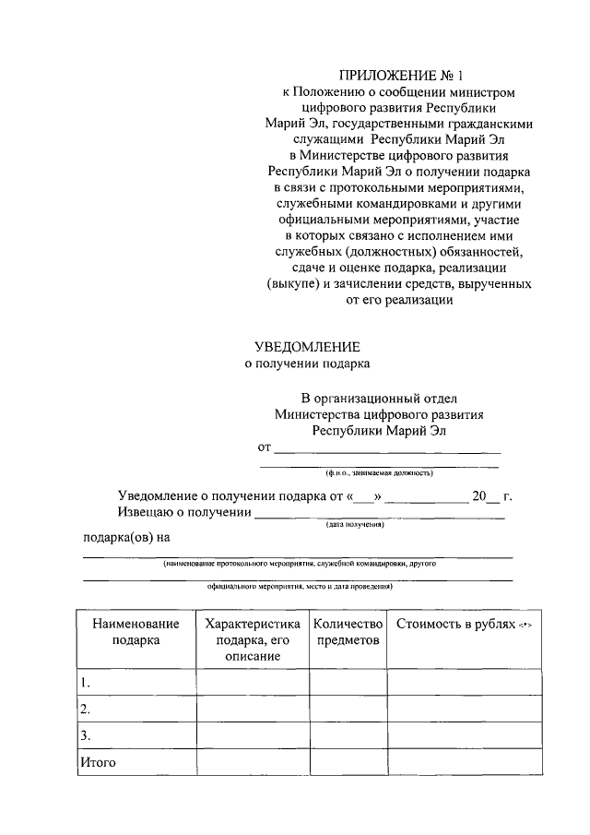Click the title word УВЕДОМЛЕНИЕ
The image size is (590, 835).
pos(307,346)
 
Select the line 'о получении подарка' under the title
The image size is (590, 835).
pos(307,364)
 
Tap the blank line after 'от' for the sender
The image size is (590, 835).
pos(387,449)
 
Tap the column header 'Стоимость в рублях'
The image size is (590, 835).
pos(463,625)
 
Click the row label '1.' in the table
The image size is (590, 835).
pos(85,683)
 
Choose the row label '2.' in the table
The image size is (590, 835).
pos(85,710)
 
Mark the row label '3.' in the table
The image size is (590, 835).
pos(85,735)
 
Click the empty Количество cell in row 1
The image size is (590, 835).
pos(348,683)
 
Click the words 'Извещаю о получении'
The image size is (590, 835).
pos(184,512)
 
